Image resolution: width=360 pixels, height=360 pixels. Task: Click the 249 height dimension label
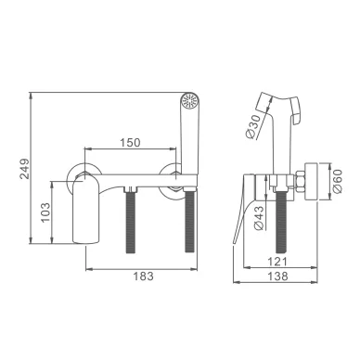(24, 169)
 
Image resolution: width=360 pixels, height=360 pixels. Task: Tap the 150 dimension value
(130, 143)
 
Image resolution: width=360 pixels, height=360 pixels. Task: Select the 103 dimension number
(45, 212)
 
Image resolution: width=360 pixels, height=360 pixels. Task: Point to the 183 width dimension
(144, 276)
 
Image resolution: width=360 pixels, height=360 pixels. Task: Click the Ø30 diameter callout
(253, 126)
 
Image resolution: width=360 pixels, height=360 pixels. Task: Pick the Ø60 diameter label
(338, 181)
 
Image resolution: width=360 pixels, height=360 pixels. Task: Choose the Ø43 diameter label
(259, 218)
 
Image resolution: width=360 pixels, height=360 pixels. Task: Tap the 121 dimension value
(277, 262)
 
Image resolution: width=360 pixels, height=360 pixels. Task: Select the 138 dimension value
(277, 276)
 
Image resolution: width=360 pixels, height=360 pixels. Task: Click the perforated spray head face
(190, 100)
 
